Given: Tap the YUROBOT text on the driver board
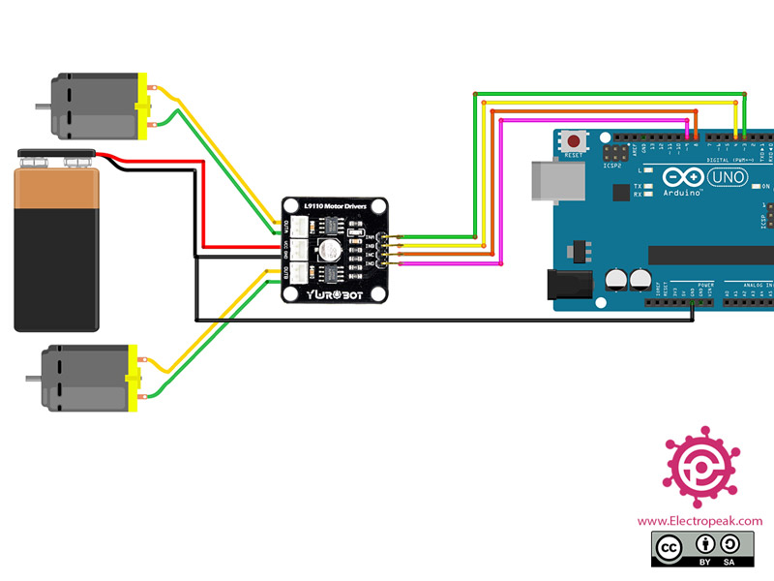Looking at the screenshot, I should tap(334, 293).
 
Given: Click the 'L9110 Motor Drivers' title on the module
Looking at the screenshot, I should tap(335, 206).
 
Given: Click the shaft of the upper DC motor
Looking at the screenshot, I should tap(42, 106).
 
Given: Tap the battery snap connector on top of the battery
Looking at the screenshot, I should tap(57, 154).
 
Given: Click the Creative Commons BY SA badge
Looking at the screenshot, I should tap(700, 549).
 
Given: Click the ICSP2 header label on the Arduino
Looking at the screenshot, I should tap(612, 166).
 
